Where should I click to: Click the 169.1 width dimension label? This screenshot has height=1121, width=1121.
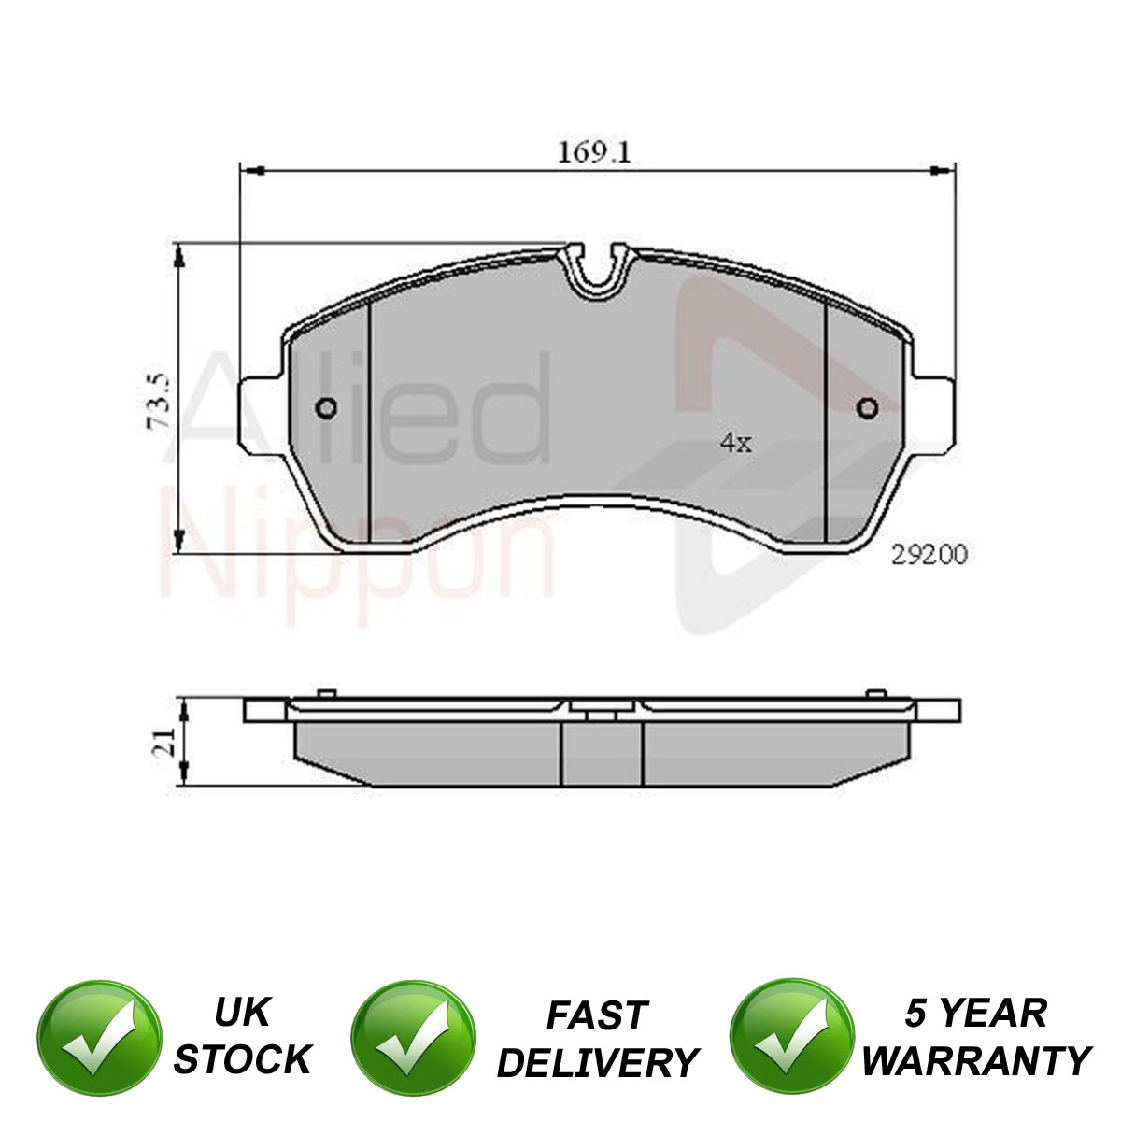[594, 153]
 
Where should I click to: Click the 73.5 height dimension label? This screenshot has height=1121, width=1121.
[158, 402]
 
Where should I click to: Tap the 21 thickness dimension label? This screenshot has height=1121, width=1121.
[163, 741]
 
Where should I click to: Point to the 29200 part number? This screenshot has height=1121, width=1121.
[929, 554]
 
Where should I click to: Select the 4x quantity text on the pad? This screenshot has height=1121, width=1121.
[736, 444]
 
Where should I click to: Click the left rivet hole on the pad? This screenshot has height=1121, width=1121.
[326, 408]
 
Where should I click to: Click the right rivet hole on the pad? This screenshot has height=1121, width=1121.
[868, 408]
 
